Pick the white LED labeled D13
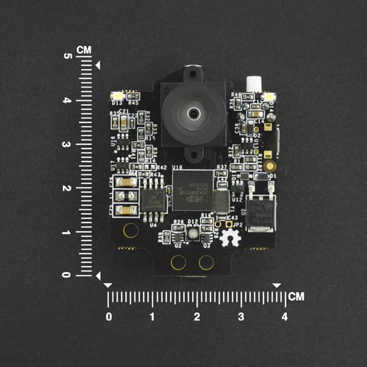pos(117,96)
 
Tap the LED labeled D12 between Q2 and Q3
pos(193,232)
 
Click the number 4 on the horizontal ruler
pos(284,317)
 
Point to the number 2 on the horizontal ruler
pos(196,317)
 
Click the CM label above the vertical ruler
pos(84,49)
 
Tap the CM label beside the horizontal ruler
pos(297,297)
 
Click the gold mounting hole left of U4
pos(130,231)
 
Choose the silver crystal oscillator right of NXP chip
pos(221,199)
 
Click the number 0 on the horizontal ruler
pos(109,317)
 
